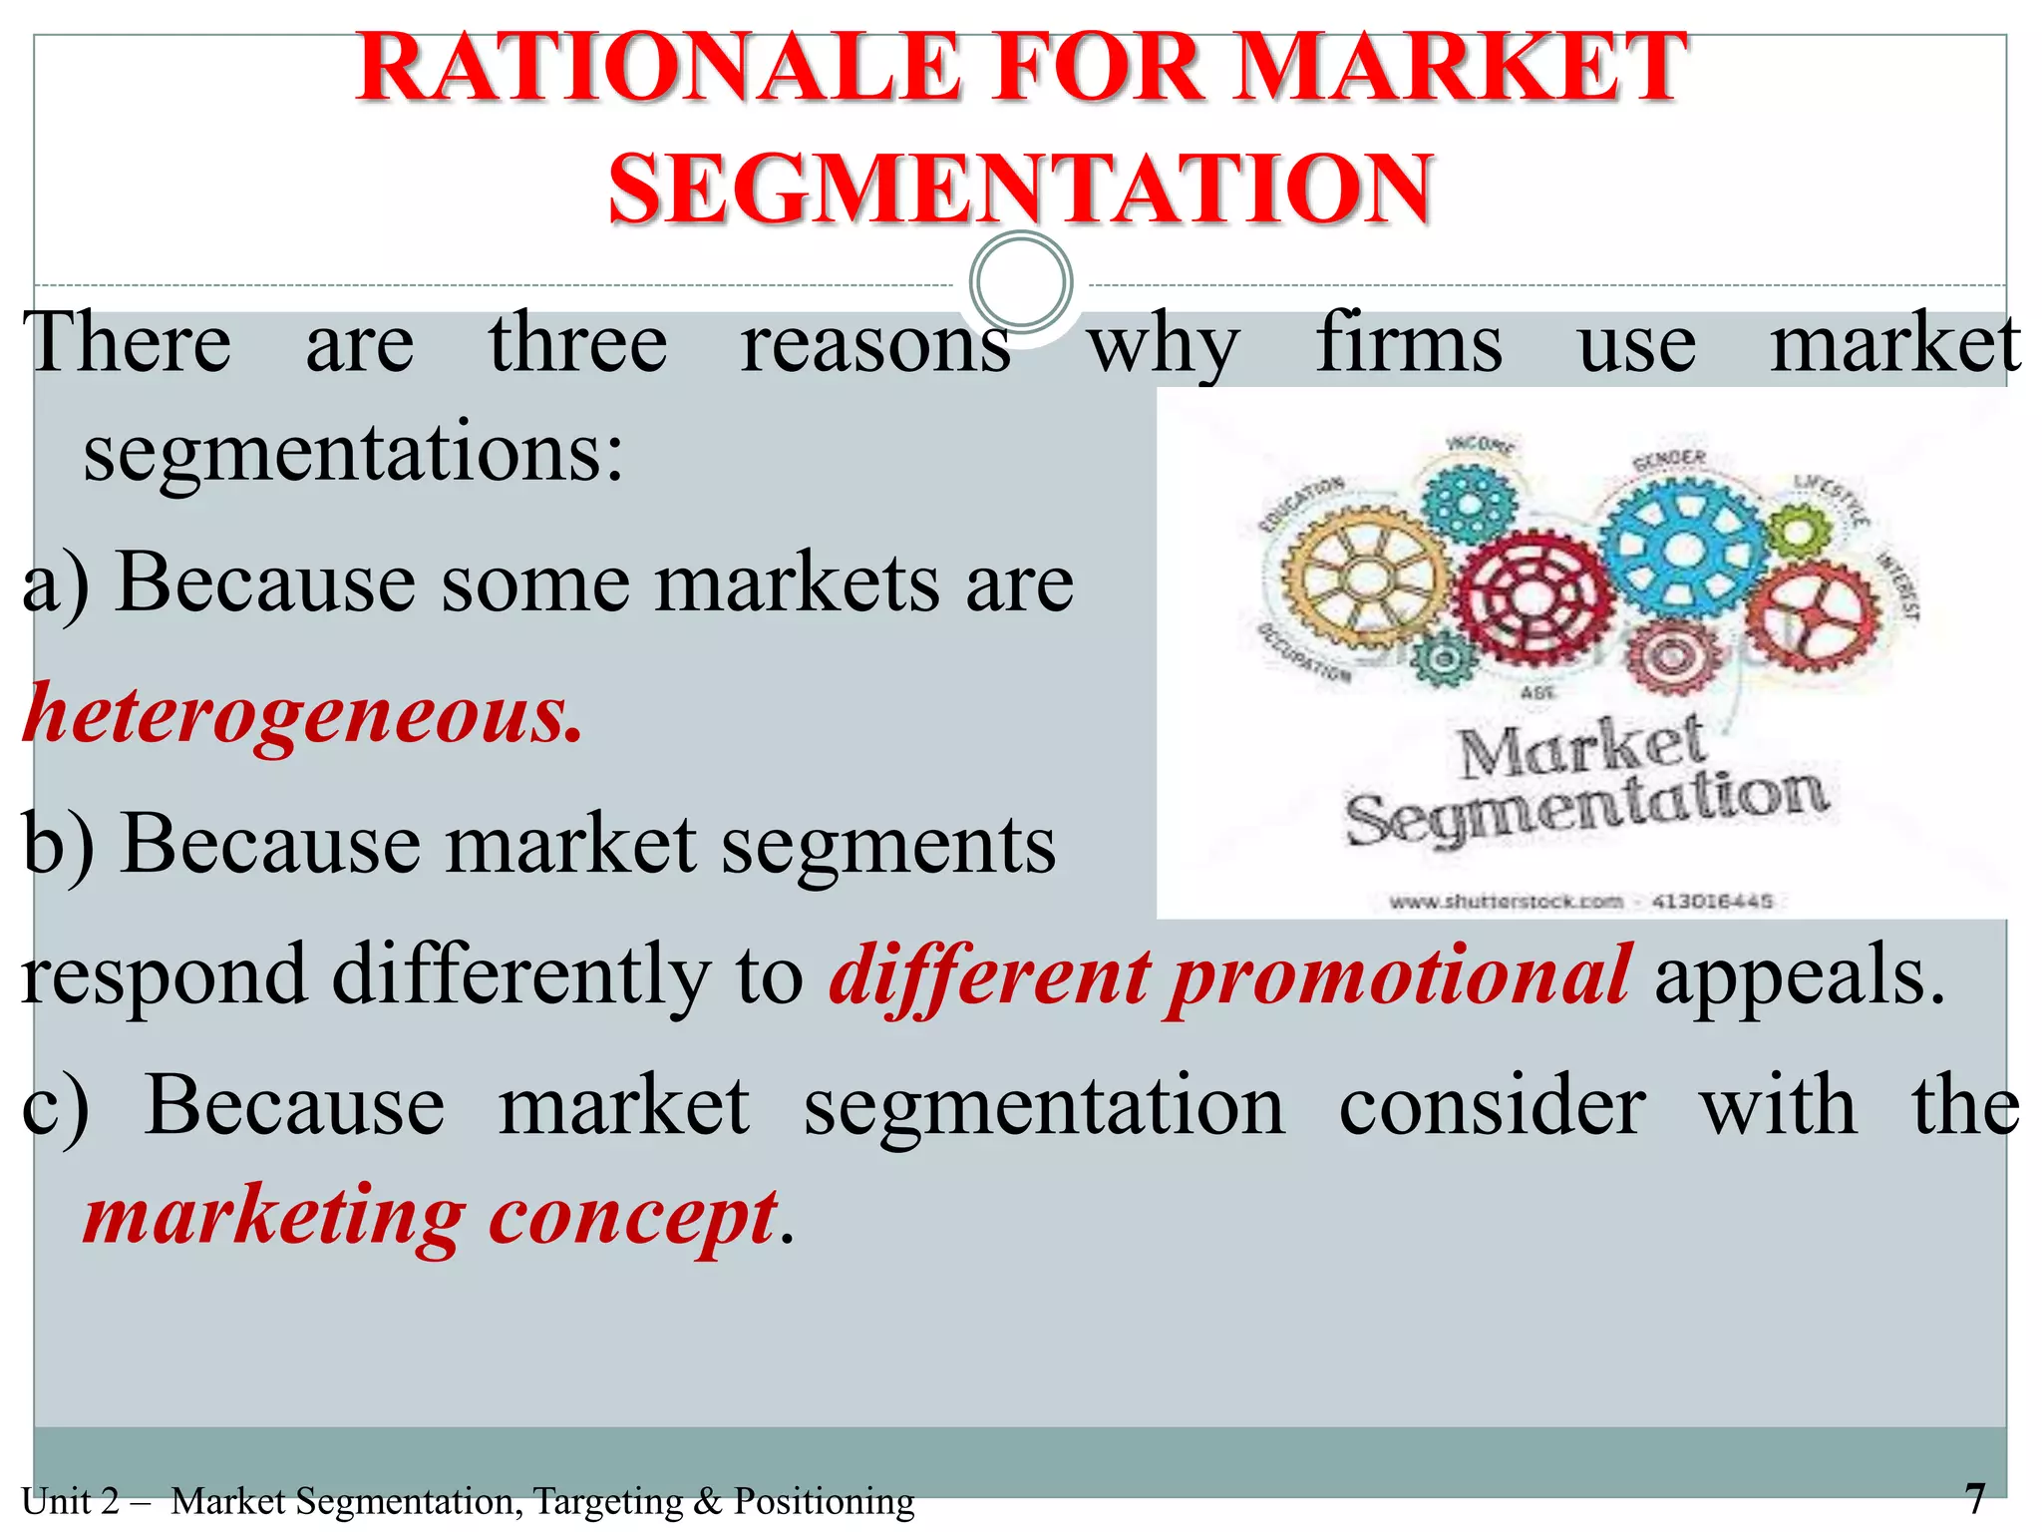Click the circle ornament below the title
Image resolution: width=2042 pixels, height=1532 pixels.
pos(1021,282)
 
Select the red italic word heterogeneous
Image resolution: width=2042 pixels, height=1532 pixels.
pos(302,714)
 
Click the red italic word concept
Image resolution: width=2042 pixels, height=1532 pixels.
pos(633,1217)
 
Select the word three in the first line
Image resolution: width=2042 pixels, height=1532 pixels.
pos(577,344)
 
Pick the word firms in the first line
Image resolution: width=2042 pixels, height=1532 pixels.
pos(1408,344)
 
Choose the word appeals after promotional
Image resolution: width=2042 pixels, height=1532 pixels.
pos(1800,975)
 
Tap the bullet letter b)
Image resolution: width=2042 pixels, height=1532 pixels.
pos(58,846)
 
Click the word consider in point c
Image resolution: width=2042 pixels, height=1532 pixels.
pos(1492,1107)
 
